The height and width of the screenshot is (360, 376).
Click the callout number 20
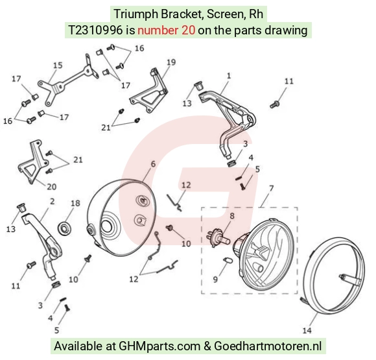[51, 187]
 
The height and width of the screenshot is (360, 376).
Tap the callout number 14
[307, 330]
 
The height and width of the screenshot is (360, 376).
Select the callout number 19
[171, 62]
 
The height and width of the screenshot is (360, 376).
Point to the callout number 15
[58, 66]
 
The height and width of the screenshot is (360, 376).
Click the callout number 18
[75, 203]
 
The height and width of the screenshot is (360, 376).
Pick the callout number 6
[153, 164]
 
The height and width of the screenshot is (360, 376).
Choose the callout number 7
[271, 188]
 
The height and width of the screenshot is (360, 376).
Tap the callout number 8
[232, 216]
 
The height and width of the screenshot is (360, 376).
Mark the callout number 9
[215, 280]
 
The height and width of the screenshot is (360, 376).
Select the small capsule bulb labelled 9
[228, 260]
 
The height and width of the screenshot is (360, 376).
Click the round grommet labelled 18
[65, 228]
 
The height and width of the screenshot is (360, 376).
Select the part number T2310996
[95, 30]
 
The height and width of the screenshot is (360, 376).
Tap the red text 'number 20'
[166, 30]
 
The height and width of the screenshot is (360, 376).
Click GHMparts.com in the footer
[159, 346]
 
